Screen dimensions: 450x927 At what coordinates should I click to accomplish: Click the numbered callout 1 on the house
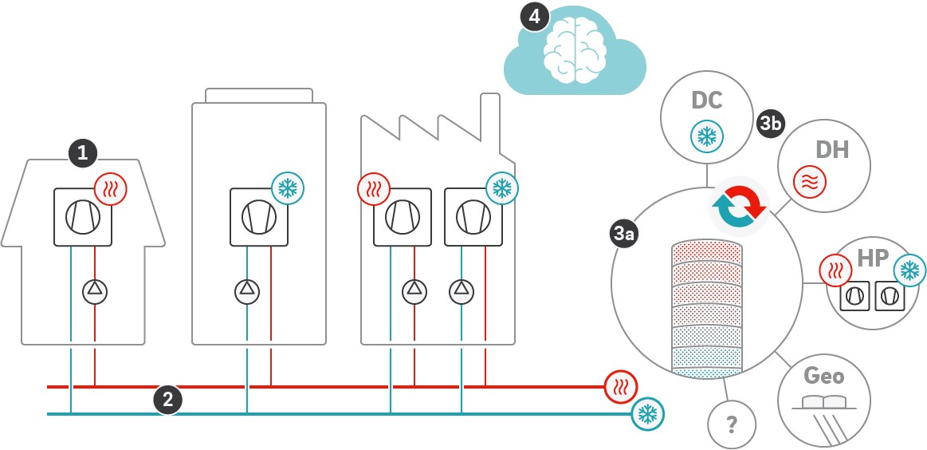click(x=84, y=152)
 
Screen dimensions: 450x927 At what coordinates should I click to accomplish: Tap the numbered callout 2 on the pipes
click(x=167, y=400)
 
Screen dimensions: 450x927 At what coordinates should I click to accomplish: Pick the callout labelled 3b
click(x=771, y=124)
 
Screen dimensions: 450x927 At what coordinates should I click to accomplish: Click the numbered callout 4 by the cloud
click(x=534, y=16)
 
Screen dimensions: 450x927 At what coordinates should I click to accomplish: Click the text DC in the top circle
click(x=707, y=101)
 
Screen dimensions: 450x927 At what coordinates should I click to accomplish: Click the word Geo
click(x=824, y=375)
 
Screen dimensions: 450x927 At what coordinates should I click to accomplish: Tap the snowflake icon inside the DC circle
click(x=706, y=136)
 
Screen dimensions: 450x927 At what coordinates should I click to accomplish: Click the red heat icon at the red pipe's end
click(x=619, y=387)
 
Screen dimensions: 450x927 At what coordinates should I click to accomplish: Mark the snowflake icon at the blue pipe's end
click(x=646, y=413)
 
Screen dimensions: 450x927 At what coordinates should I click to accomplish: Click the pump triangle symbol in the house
click(x=95, y=290)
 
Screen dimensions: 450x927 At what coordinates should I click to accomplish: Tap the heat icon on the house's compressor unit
click(x=110, y=189)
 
